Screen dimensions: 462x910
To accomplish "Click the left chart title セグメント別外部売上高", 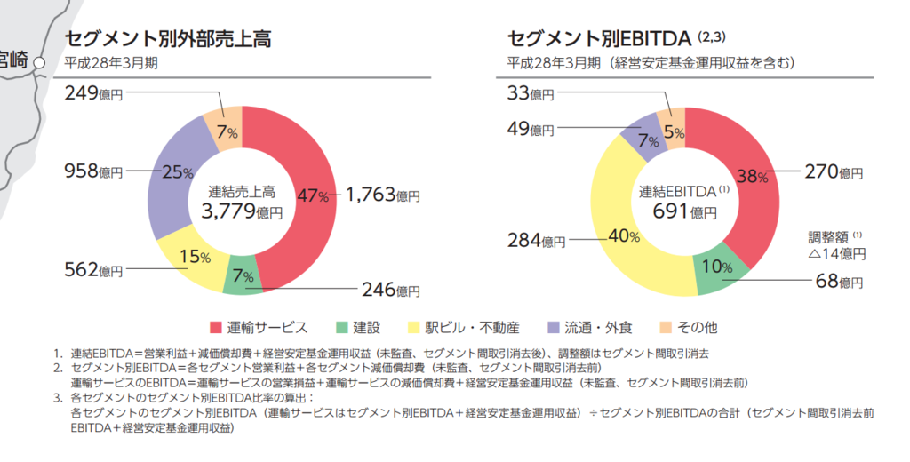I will point(168,38).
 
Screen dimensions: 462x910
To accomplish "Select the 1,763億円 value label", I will point(382,195).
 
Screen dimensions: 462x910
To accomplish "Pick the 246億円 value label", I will point(390,290).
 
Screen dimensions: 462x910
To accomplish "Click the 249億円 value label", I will point(93,92).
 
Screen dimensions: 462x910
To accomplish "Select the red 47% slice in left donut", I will point(312,195).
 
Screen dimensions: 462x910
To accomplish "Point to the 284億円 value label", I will point(537,240).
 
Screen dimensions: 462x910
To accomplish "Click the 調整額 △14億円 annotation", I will point(835,245).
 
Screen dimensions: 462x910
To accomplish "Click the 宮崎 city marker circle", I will point(38,61).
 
